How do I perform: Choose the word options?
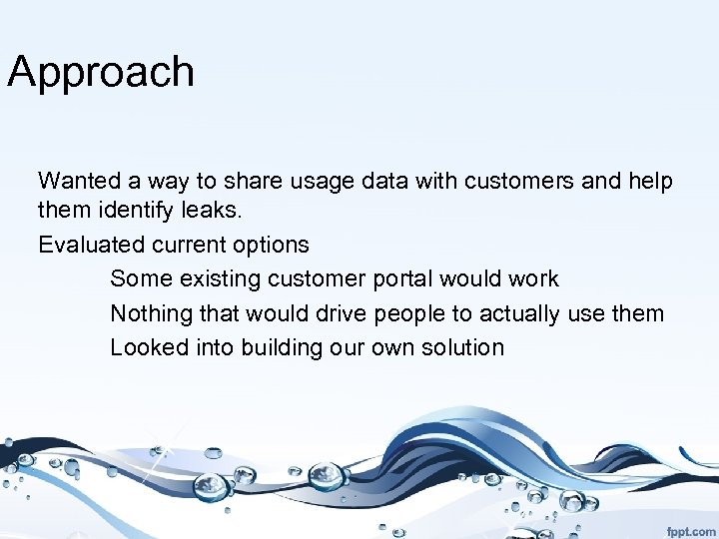(271, 245)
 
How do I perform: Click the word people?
(409, 313)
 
